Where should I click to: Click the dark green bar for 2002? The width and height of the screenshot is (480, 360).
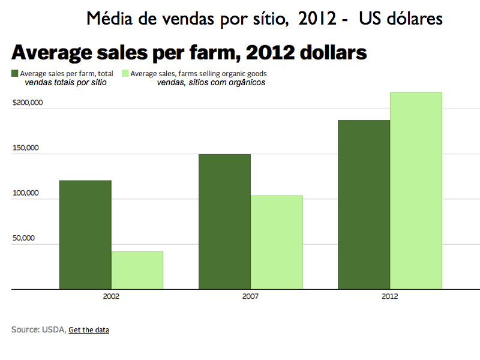coord(85,235)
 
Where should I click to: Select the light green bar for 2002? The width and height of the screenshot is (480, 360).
coord(137,270)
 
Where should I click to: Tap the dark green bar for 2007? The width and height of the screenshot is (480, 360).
coord(224,221)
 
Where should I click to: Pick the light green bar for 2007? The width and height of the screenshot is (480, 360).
coord(277,242)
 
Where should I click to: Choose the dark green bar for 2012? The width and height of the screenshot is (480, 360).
coord(364,205)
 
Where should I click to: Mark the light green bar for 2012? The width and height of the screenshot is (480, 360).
coord(416,191)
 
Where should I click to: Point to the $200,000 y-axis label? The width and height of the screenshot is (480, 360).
coord(28,103)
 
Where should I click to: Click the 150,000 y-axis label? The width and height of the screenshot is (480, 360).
coord(25,148)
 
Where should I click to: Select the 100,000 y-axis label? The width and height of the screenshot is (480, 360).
coord(25,193)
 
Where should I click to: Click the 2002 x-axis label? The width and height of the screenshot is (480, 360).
coord(110,296)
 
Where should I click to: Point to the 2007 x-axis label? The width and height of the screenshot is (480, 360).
coord(250,296)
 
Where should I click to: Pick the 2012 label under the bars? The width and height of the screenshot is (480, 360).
coord(390,296)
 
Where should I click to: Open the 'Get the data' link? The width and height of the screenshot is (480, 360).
coord(89,329)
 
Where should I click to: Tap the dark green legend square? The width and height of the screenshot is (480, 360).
coord(15,74)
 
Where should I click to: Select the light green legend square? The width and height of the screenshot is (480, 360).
coord(125,74)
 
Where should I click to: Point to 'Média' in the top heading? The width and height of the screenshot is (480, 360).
coord(107,19)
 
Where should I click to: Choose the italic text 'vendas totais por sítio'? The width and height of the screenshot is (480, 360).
coord(65,83)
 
